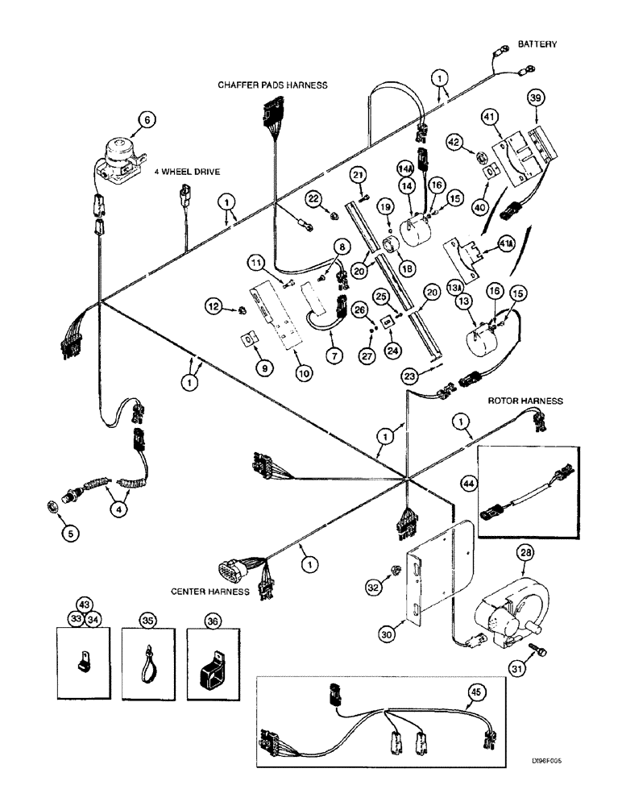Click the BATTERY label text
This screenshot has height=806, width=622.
(537, 44)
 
